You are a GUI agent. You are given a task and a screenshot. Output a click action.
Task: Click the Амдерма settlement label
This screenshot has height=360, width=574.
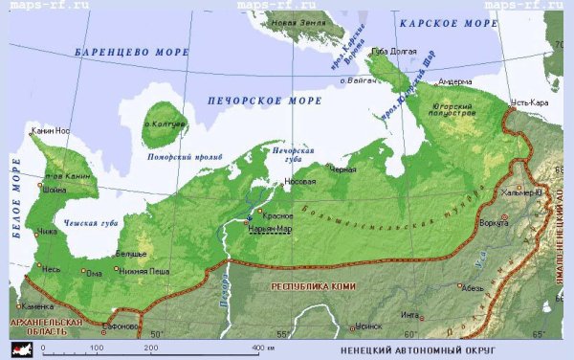click(454, 81)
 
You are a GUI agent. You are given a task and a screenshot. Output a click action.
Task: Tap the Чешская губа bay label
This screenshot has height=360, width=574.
click(93, 222)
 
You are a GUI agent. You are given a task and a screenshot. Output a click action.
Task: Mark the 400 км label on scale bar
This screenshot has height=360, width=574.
click(262, 347)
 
